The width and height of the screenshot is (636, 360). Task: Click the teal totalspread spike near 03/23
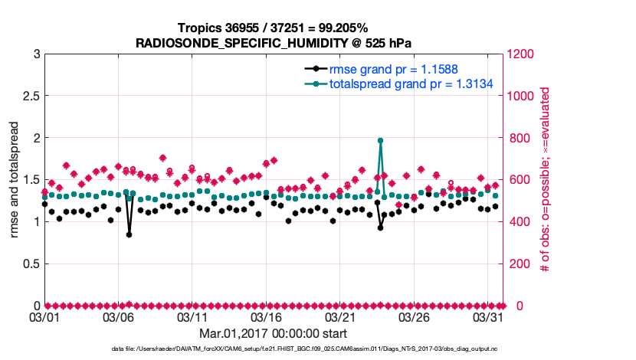coord(380,141)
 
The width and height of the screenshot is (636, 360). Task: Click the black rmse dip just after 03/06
coord(129,234)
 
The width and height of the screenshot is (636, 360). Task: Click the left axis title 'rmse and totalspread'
coord(15,179)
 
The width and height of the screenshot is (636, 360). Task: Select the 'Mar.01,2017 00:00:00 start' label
coord(273,333)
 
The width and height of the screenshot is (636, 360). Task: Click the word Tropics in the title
coord(199,28)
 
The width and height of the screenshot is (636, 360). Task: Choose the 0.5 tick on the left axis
coord(30,263)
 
